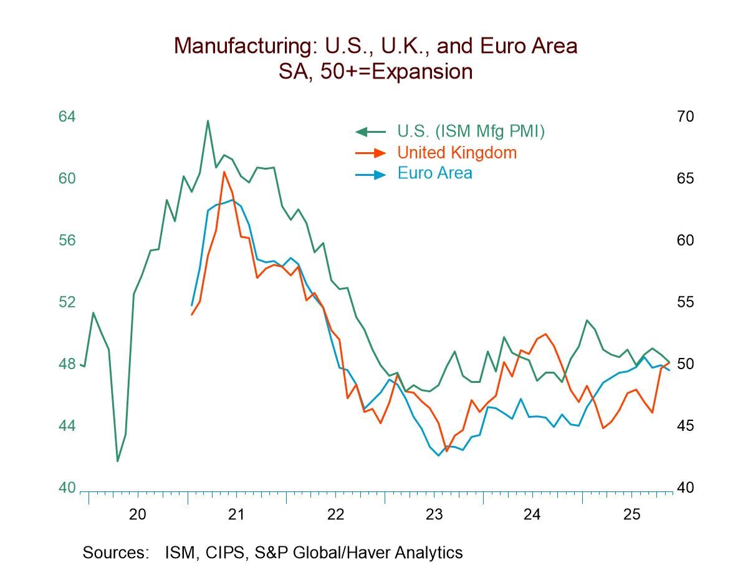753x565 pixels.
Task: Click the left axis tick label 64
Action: coord(67,117)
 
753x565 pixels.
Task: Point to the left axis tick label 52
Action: coord(67,302)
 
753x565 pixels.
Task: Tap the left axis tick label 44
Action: coord(67,426)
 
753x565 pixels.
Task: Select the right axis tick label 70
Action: coord(685,117)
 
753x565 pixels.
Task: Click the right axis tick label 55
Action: coord(685,302)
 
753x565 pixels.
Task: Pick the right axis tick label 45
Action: coord(685,426)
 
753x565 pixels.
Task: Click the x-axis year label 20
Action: coord(138,514)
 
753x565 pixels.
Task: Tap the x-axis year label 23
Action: coord(434,514)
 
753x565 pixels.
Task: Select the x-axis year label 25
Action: coord(631,514)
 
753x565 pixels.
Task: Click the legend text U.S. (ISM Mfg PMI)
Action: coord(471,132)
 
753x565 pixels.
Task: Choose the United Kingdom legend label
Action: coord(457,152)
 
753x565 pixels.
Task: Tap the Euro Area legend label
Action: coord(434,173)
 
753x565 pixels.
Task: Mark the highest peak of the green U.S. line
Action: coord(208,121)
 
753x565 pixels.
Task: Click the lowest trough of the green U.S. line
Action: coord(117,461)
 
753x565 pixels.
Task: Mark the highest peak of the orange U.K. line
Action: coord(224,171)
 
